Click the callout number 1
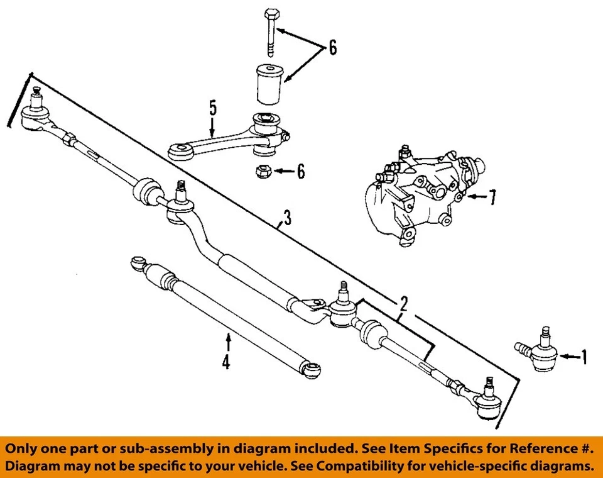click(584, 357)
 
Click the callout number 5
click(213, 108)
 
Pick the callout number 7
click(492, 198)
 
